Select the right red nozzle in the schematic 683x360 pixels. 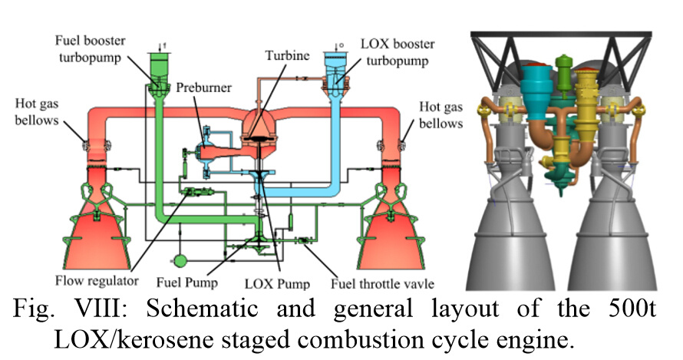click(391, 226)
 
